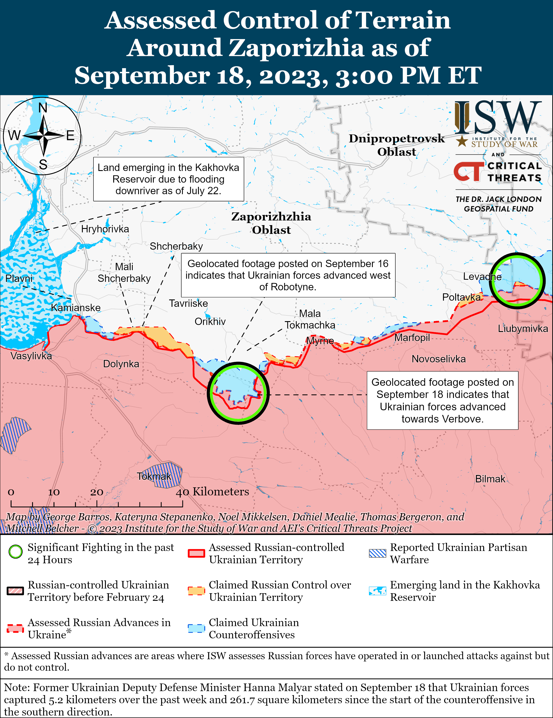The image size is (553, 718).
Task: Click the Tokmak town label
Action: (x=154, y=476)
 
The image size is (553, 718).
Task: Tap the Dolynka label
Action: (x=121, y=364)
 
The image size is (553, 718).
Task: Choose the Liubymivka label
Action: (x=523, y=329)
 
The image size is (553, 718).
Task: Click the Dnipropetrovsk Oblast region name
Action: (x=397, y=145)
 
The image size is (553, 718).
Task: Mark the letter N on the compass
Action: (x=43, y=107)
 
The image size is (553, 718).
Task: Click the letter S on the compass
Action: (x=43, y=164)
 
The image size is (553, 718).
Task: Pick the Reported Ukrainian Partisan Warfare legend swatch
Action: (x=377, y=553)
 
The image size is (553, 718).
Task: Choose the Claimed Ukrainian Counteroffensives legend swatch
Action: (x=196, y=628)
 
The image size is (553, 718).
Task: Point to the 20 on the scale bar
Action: (x=97, y=492)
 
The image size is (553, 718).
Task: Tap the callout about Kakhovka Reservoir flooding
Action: (x=169, y=179)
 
